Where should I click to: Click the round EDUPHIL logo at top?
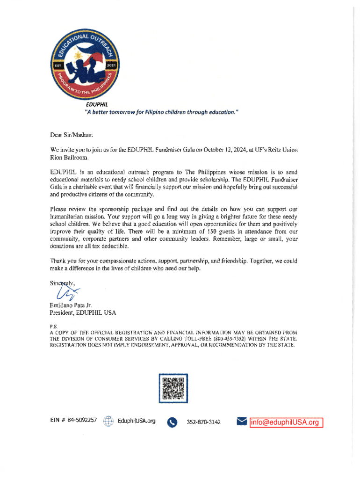coord(85,61)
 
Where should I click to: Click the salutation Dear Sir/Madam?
coord(72,135)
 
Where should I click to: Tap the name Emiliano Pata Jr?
coord(67,305)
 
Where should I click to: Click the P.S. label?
coord(53,326)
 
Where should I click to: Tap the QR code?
coord(173,388)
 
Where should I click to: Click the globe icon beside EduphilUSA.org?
coord(108,421)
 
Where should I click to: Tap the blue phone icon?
coord(173,422)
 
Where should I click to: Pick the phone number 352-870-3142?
coord(204,422)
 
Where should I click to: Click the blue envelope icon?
coord(242,421)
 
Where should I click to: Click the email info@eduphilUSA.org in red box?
coord(285,422)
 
